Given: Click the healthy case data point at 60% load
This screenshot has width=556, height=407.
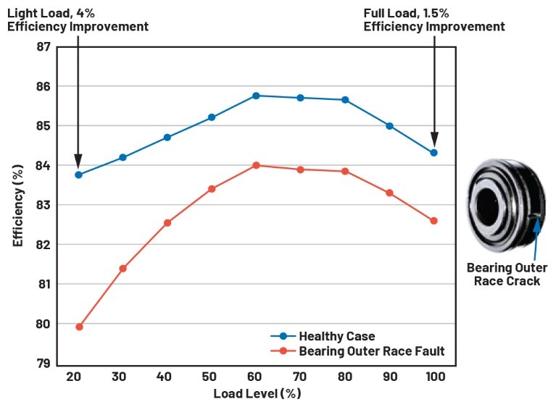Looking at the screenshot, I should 256,96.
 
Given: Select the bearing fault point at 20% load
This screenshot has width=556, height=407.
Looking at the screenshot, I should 79,327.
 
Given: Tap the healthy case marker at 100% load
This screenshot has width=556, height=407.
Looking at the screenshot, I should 433,153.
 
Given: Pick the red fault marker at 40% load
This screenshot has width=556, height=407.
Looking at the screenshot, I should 167,222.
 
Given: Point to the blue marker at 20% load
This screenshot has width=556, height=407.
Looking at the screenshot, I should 78,175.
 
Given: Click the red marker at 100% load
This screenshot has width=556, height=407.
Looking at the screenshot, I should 433,221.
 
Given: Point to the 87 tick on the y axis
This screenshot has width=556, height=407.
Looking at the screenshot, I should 43,47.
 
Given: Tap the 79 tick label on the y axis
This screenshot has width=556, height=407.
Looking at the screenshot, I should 43,363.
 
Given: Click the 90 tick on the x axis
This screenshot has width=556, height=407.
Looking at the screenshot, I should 389,378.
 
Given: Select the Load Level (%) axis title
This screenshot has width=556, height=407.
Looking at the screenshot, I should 257,395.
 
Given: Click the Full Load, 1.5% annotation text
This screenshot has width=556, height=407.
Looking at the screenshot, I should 433,20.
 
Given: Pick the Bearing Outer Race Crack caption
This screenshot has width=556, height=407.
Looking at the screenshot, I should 507,274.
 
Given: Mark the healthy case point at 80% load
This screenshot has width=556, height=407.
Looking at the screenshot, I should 345,100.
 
